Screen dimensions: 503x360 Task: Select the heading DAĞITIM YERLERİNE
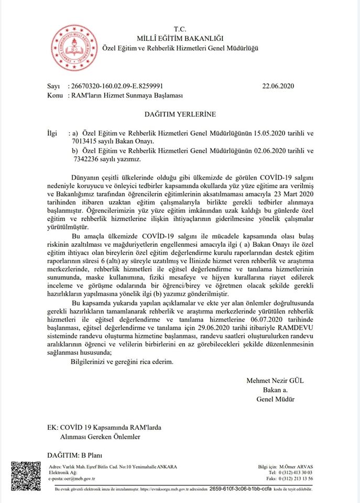pos(180,113)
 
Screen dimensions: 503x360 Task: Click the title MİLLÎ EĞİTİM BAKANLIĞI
pos(180,38)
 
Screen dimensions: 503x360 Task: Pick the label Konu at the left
pos(55,95)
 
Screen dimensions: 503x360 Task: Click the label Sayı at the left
pos(54,86)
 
